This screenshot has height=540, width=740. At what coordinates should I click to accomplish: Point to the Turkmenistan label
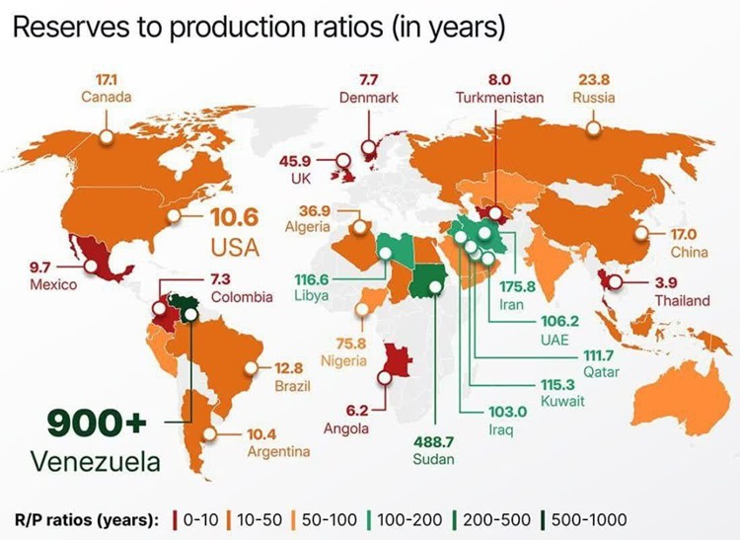click(x=499, y=97)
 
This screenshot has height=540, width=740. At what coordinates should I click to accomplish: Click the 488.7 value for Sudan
click(x=434, y=440)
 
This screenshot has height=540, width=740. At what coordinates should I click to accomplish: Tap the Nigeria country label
click(x=343, y=360)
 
